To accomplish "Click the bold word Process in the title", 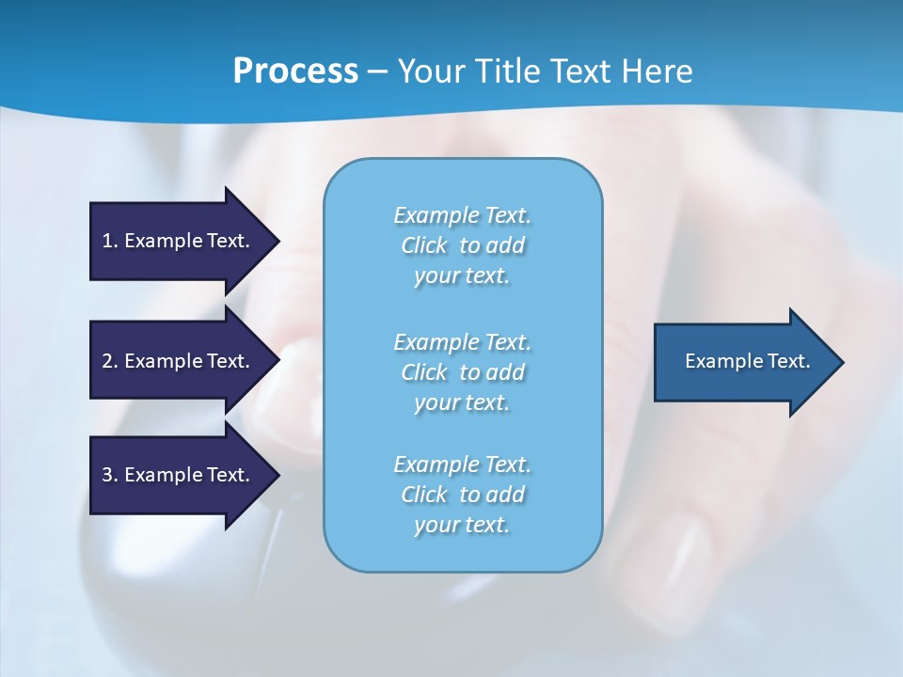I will click(295, 71).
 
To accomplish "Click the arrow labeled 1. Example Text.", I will click(179, 241).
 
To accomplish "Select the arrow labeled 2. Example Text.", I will click(179, 361).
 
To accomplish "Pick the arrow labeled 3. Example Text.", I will click(179, 475).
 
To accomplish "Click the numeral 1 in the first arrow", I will click(107, 241).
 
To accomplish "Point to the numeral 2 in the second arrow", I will click(107, 361).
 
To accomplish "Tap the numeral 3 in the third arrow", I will click(107, 475).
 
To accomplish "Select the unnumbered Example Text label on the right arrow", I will click(747, 361).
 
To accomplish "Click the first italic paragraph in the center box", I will click(462, 245).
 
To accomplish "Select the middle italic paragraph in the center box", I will click(462, 372).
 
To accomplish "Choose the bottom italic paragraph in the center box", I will click(462, 495).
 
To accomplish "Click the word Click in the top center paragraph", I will click(423, 245).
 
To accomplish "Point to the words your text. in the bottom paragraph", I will click(462, 525).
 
